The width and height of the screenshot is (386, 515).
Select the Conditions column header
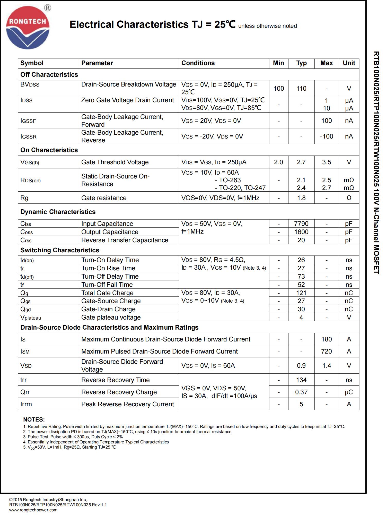[x=198, y=63]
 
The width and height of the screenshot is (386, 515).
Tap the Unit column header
[x=349, y=63]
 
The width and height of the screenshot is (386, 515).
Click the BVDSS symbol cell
[x=30, y=85]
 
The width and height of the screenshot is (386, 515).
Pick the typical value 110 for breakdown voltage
[x=301, y=89]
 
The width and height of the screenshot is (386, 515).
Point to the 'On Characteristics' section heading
[x=49, y=150]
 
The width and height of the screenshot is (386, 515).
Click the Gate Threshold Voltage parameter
[x=115, y=162]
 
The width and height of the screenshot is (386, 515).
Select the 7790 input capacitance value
[x=301, y=224]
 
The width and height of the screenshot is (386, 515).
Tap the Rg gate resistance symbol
[x=24, y=198]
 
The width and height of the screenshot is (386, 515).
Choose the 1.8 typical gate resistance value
[x=301, y=198]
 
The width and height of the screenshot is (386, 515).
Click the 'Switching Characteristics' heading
[x=60, y=250]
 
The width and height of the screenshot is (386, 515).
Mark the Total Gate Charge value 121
[x=301, y=293]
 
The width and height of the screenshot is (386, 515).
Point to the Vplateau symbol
[x=31, y=317]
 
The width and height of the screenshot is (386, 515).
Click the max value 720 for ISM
[x=326, y=351]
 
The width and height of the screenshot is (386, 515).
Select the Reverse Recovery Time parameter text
[x=115, y=380]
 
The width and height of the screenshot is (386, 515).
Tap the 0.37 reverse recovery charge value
[x=301, y=392]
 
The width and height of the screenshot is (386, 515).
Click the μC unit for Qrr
[x=349, y=392]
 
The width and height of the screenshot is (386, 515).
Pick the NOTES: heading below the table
[x=34, y=419]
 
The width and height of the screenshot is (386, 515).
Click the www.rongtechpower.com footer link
[x=33, y=510]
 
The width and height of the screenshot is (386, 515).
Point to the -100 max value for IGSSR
[x=326, y=136]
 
